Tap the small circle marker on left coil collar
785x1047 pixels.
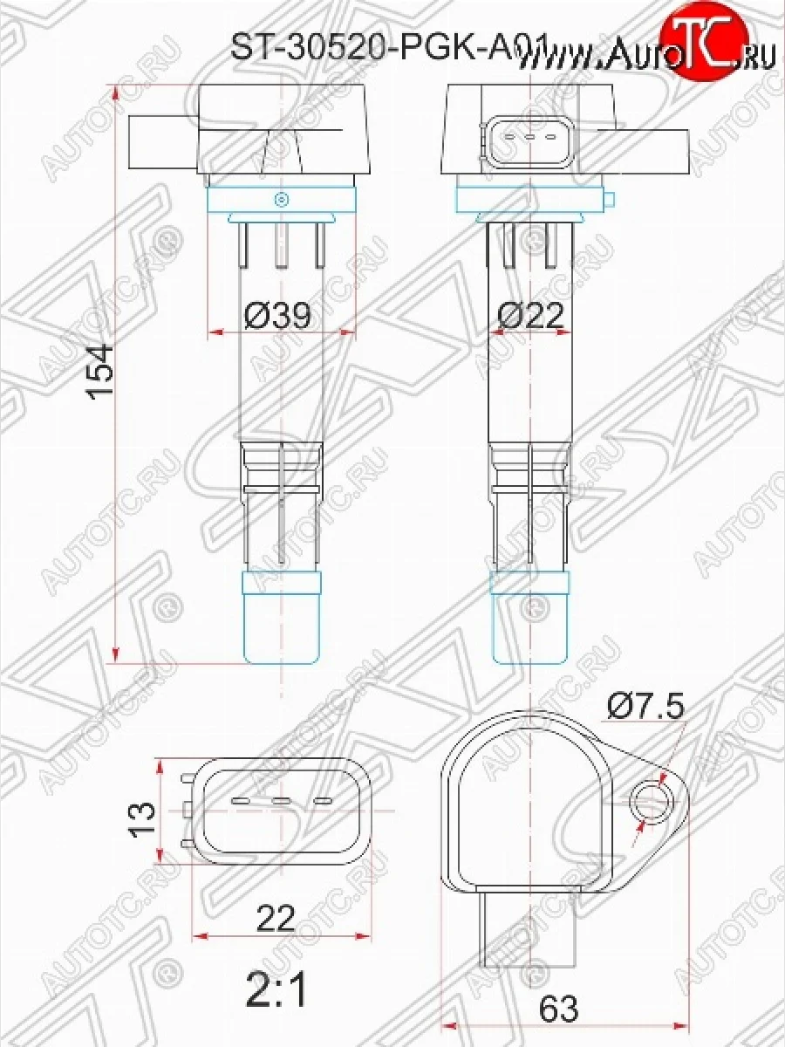(x=281, y=200)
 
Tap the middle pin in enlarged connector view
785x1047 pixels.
(x=280, y=800)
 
